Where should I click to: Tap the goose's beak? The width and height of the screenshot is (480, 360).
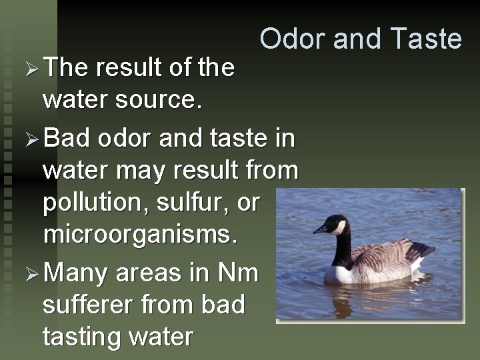coord(321,229)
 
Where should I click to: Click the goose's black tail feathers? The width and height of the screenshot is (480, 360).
coord(423,251)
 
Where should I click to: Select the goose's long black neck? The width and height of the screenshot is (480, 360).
coord(342,248)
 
